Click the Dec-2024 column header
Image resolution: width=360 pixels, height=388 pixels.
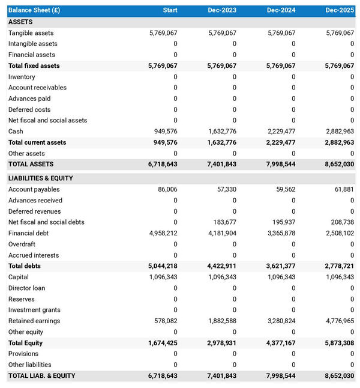(x=281, y=10)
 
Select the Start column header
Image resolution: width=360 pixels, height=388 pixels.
(x=170, y=10)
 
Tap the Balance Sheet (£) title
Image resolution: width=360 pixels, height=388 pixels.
(x=34, y=10)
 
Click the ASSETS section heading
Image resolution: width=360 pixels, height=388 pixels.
(x=20, y=22)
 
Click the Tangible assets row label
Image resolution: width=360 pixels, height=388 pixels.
(x=31, y=33)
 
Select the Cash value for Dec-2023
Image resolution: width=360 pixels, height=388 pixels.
(x=222, y=132)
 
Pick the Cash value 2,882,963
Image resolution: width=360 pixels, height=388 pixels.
(x=340, y=132)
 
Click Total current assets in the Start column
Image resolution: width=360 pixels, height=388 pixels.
(x=164, y=142)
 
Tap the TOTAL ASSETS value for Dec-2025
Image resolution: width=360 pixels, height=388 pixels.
(x=340, y=164)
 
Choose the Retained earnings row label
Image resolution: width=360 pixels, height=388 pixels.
(x=34, y=321)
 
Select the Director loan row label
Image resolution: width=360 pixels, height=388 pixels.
(x=26, y=288)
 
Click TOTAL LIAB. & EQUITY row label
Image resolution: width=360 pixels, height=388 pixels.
(x=41, y=376)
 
